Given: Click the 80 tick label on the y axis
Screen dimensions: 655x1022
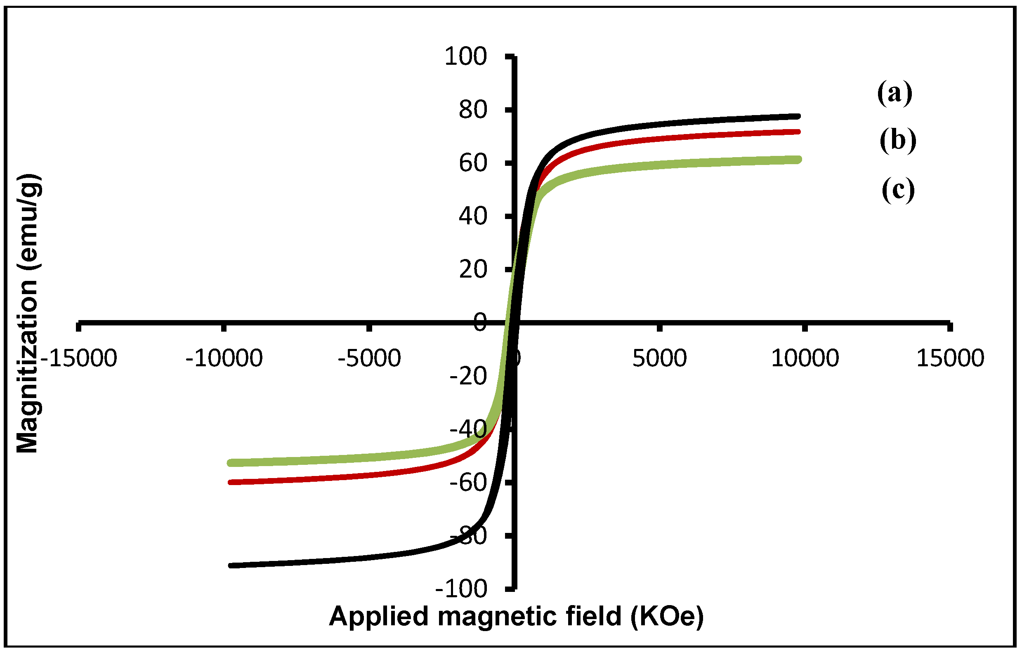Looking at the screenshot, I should [x=473, y=110].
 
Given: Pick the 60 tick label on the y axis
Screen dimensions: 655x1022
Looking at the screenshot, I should [x=473, y=163].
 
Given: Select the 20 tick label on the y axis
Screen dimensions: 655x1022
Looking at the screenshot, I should [x=473, y=270].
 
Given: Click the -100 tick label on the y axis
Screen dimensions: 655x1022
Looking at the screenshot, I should [x=461, y=589].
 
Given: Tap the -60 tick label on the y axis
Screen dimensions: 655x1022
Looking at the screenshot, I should [x=468, y=483].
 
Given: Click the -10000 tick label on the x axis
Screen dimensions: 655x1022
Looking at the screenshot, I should [x=224, y=358].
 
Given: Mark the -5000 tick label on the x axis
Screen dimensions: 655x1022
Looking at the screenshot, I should [x=369, y=358].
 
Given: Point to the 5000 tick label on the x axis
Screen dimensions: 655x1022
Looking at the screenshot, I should [x=659, y=358].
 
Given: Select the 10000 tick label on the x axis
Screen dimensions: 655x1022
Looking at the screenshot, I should [x=805, y=358].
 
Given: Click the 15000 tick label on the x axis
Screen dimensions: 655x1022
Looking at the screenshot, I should [x=950, y=358].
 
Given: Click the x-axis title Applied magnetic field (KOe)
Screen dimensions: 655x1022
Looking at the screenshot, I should [x=517, y=616].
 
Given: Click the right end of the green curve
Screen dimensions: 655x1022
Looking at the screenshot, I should [x=799, y=160].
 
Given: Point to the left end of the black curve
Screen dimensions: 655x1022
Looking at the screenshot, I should [x=230, y=566].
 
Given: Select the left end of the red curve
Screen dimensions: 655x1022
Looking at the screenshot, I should [x=230, y=482].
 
